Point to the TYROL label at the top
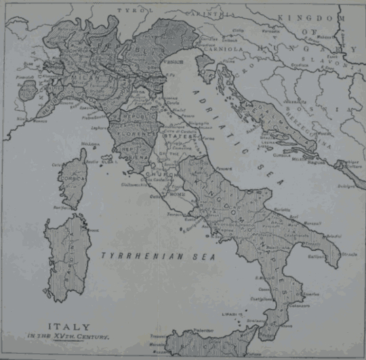point(127,11)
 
